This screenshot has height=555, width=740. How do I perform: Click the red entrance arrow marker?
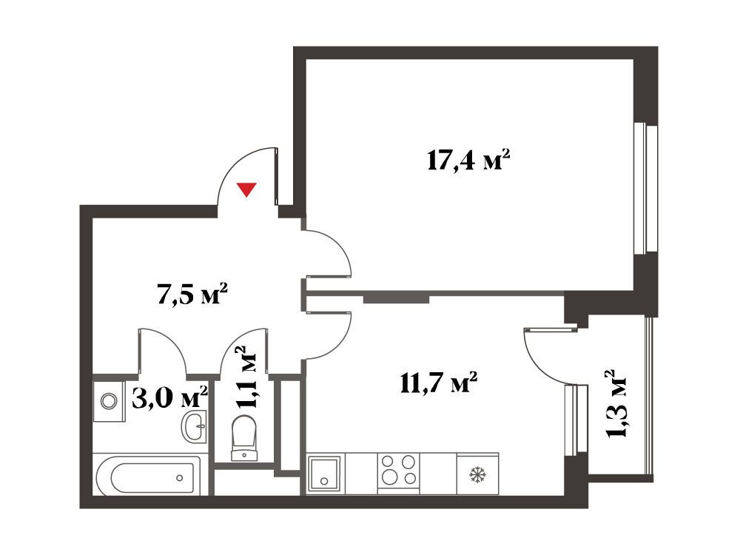pos(246,189)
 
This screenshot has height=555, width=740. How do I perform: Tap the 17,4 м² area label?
pos(468,161)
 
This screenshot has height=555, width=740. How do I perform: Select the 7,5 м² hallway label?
pos(192,294)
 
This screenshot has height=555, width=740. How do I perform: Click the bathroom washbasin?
pos(194,426)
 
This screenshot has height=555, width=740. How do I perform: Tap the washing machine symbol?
pos(110,401)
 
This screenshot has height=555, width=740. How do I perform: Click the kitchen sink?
pos(324,474)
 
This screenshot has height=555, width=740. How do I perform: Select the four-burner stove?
pos(398,470)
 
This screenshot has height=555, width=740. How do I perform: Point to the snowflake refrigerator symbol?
pos(477,474)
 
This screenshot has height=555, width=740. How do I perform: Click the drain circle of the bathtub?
pos(180,477)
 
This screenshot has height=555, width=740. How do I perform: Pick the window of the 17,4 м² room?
pos(646,189)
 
